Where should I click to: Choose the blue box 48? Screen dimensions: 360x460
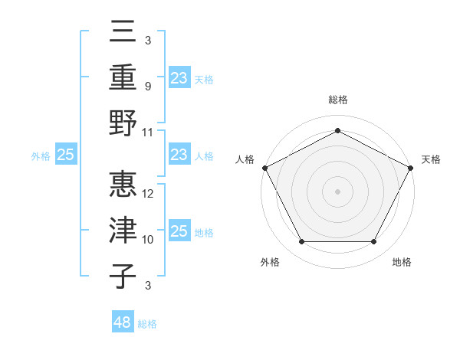[123, 322]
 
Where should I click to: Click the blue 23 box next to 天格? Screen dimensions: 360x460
[179, 77]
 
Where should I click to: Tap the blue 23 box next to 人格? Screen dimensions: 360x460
[179, 155]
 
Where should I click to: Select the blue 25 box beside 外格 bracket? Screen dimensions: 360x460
[66, 155]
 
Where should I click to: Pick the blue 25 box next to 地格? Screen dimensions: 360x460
[179, 231]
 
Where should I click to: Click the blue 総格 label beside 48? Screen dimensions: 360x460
[147, 324]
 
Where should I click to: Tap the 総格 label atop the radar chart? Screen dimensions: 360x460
[337, 100]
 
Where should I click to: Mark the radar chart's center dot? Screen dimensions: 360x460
[337, 191]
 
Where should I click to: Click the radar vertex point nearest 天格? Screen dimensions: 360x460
[412, 168]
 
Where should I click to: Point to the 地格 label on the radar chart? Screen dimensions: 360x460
[402, 262]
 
